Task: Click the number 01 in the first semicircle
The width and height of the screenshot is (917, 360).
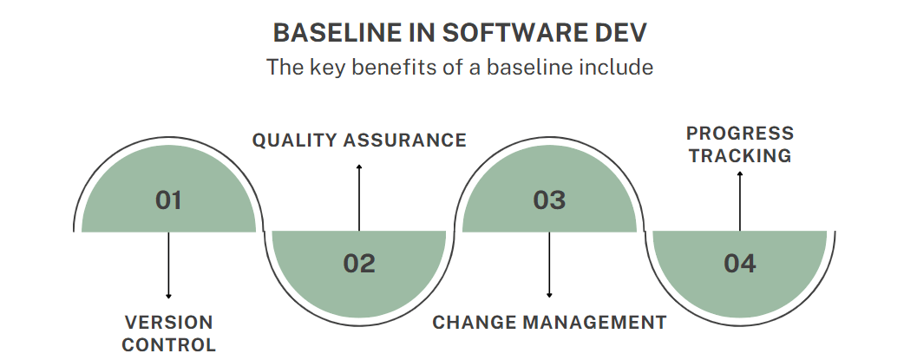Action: (x=168, y=200)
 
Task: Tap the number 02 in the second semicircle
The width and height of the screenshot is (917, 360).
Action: (x=358, y=263)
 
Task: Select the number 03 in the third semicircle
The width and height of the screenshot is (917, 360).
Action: (x=549, y=200)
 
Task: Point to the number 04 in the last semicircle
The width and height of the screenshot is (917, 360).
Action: (x=740, y=263)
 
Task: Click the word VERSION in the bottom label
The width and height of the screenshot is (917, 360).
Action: (x=168, y=323)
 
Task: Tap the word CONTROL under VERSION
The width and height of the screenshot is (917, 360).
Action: (x=168, y=344)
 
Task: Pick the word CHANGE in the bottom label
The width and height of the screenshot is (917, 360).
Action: (x=472, y=323)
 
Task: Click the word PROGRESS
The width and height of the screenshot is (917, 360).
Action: (x=740, y=134)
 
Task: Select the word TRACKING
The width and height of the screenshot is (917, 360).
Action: (x=740, y=156)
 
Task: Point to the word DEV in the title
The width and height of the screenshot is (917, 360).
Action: (x=621, y=33)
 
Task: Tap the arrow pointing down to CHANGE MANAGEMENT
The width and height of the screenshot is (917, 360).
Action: (x=549, y=265)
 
